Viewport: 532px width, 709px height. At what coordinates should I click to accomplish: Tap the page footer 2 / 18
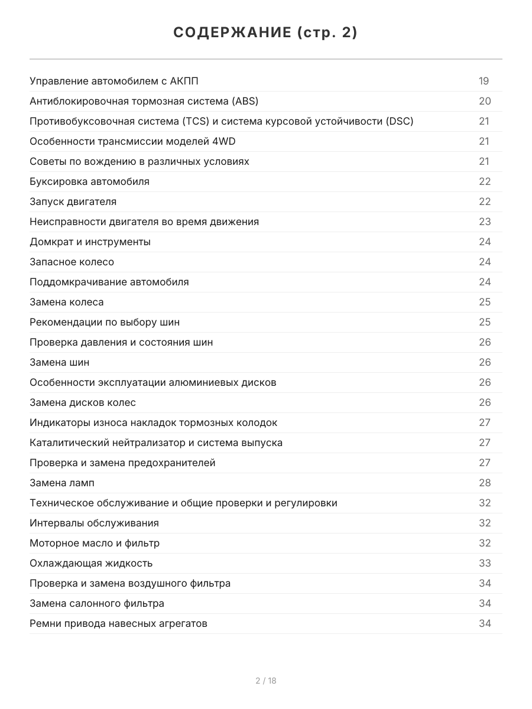[x=266, y=681]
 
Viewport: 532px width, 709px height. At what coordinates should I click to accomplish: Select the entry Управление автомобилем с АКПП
[x=118, y=81]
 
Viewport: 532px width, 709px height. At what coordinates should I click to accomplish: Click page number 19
[x=484, y=81]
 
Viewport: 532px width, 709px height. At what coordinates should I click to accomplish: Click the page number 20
[x=485, y=101]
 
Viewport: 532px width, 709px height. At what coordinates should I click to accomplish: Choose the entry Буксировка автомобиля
[x=89, y=181]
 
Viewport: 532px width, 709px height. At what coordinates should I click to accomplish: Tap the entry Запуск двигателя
[x=73, y=201]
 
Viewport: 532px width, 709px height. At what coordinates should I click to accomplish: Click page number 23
[x=485, y=222]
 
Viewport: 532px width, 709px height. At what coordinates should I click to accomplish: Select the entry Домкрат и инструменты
[x=90, y=242]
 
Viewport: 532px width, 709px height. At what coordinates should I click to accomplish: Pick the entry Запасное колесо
[x=72, y=262]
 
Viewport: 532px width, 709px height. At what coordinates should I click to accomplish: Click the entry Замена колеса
[x=66, y=302]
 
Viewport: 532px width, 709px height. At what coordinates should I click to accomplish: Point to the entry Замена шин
[x=59, y=362]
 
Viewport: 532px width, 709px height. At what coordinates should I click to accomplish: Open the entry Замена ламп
[x=61, y=483]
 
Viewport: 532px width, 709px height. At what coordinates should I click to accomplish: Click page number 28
[x=485, y=483]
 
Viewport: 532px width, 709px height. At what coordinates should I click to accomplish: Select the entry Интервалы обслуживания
[x=94, y=523]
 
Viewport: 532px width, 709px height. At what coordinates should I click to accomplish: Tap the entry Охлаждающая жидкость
[x=91, y=563]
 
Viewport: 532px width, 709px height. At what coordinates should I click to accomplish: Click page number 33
[x=485, y=563]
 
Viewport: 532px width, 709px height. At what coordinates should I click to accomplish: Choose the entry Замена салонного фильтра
[x=97, y=603]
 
